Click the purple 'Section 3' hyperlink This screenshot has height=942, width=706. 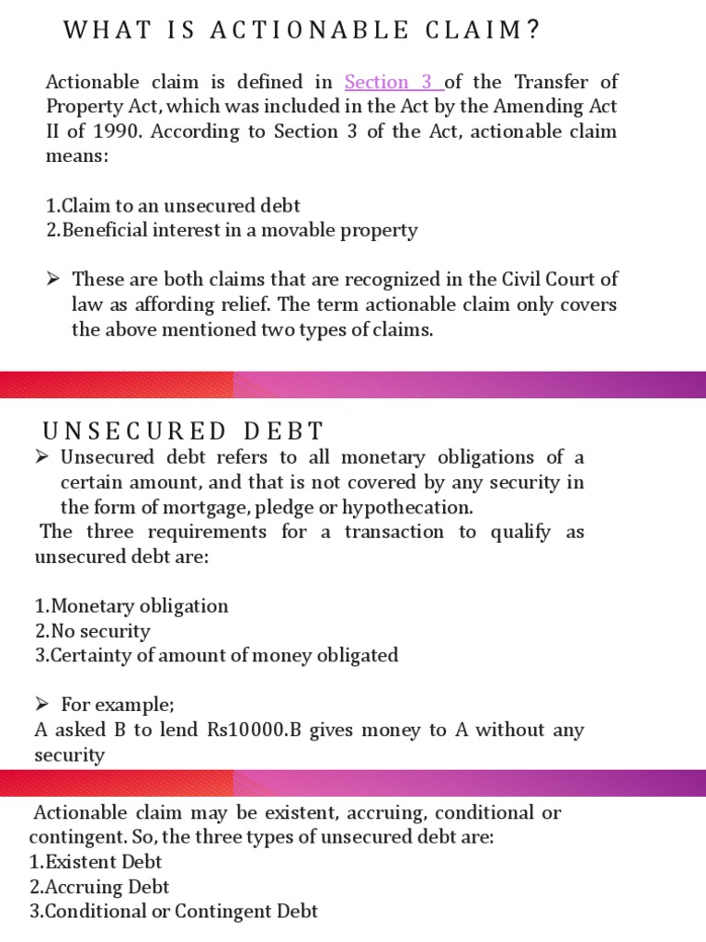click(393, 82)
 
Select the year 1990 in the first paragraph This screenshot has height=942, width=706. click(111, 132)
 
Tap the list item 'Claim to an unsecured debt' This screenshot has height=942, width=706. click(173, 206)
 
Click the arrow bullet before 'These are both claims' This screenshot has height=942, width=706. click(54, 279)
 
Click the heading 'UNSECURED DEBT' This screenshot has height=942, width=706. click(184, 431)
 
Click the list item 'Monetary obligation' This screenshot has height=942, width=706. click(131, 606)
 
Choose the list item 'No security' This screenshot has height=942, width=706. click(92, 631)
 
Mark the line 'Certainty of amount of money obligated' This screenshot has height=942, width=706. click(216, 656)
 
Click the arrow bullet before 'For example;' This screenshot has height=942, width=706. click(41, 706)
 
